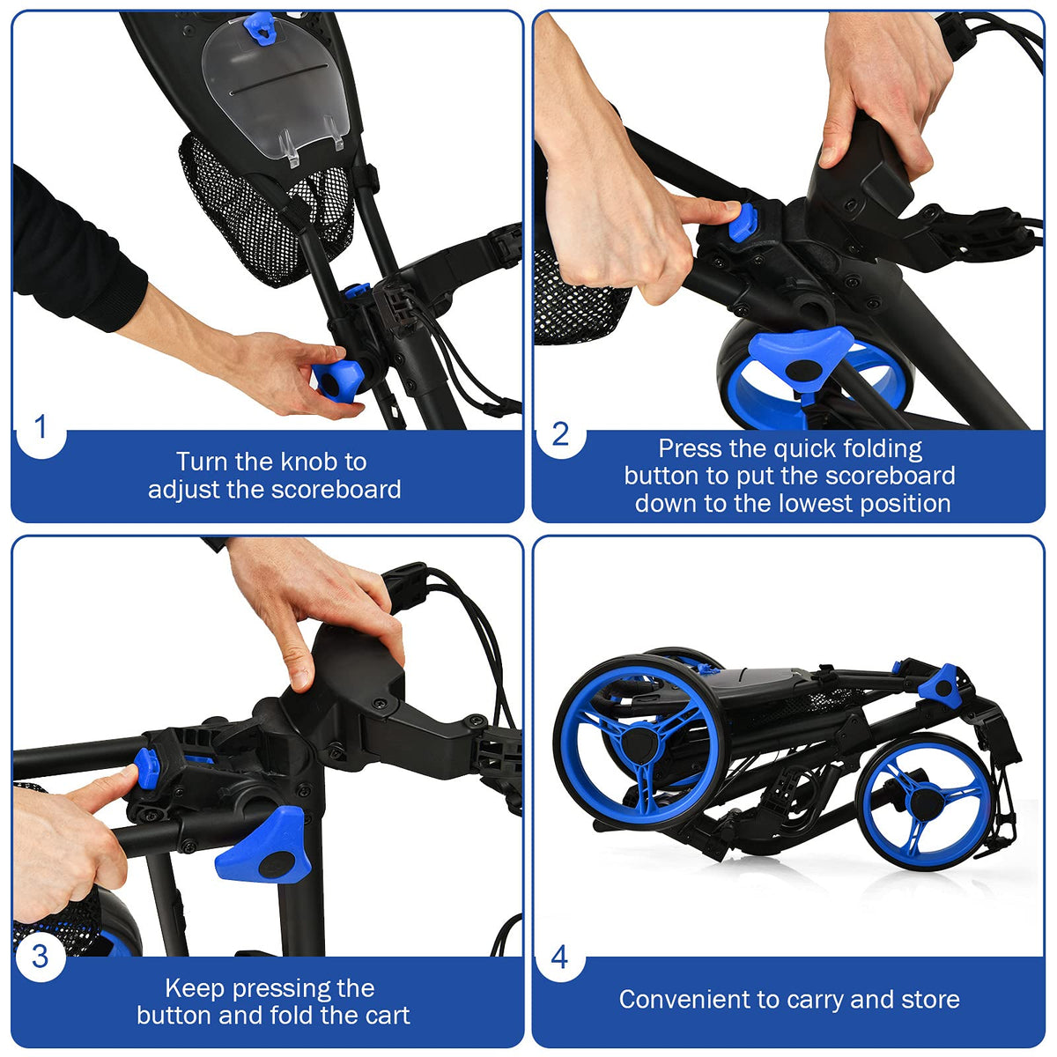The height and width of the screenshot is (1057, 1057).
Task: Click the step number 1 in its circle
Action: click(40, 426)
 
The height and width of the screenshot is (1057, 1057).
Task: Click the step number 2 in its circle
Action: click(560, 434)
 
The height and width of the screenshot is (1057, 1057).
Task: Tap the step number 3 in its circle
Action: click(40, 957)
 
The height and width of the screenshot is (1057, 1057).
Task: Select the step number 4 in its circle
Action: click(559, 957)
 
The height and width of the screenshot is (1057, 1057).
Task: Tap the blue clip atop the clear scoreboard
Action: click(260, 27)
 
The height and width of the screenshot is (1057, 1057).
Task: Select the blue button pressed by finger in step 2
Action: click(743, 221)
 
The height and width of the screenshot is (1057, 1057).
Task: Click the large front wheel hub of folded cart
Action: click(639, 744)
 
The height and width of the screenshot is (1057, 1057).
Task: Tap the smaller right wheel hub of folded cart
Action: click(926, 802)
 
